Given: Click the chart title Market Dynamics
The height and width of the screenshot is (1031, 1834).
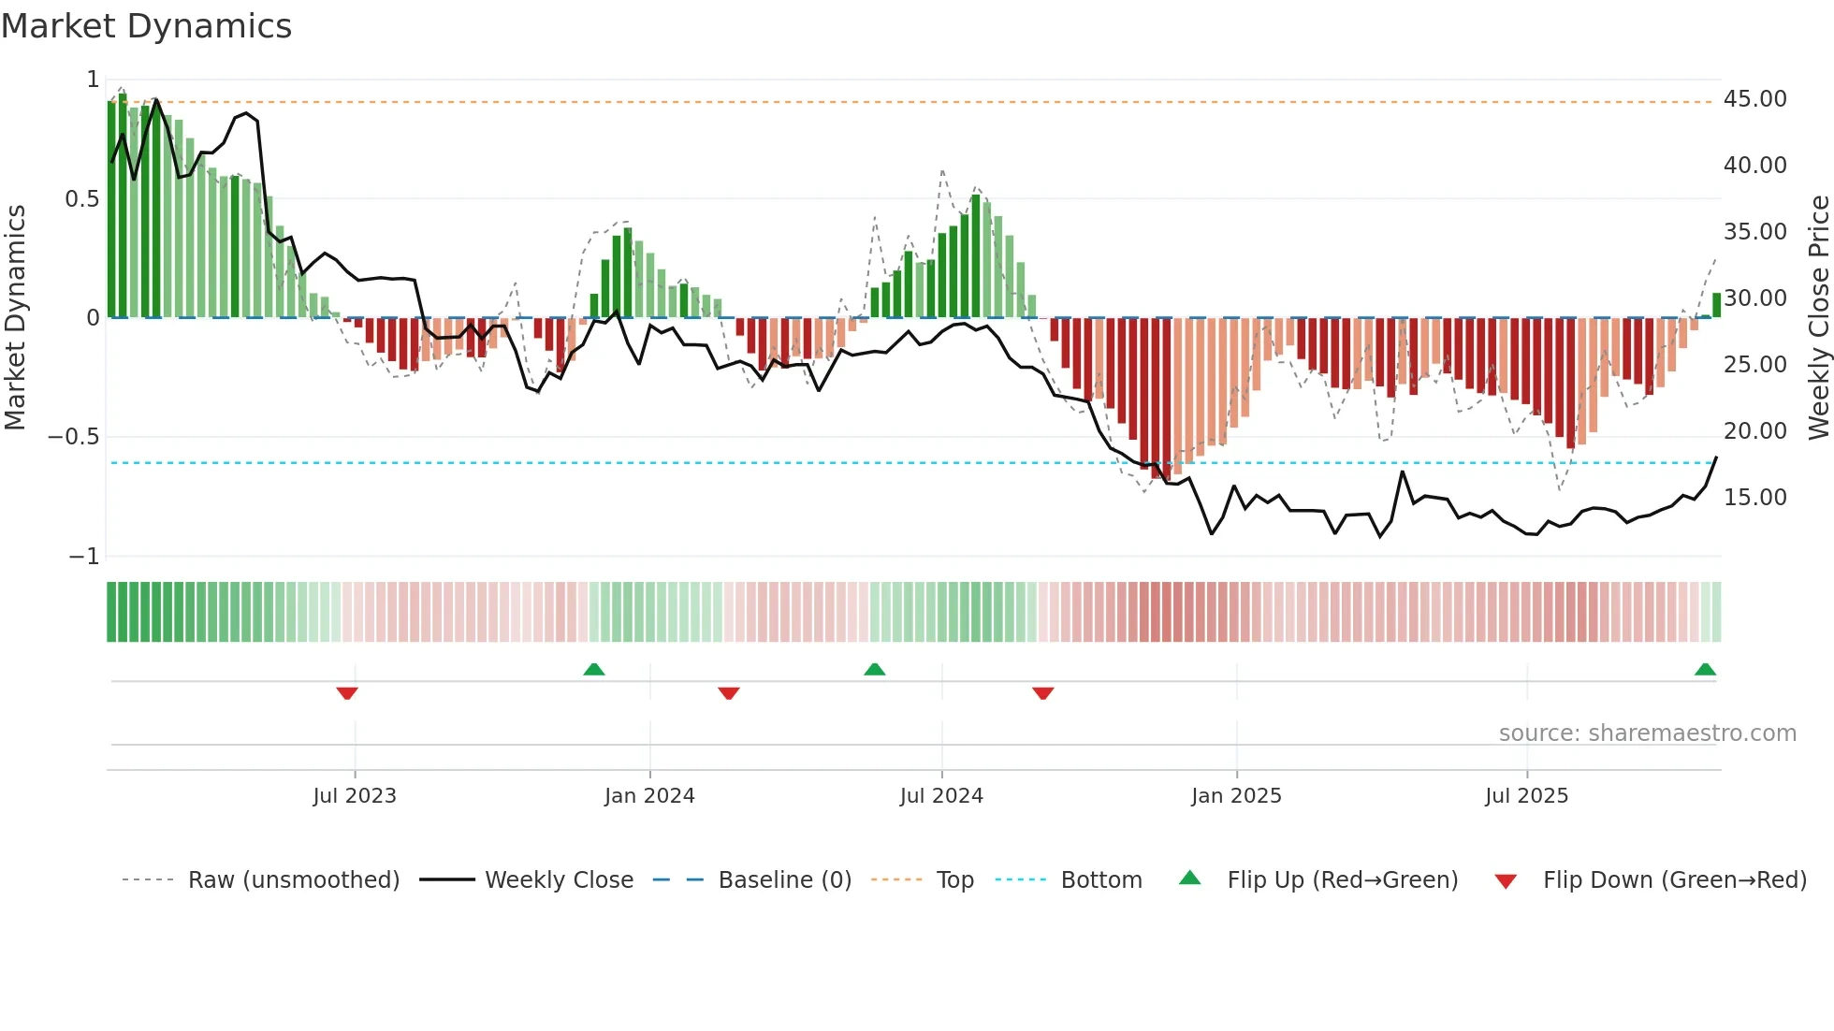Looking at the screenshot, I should coord(146,26).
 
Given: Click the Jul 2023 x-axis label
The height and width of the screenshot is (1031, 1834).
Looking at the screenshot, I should coord(355,796).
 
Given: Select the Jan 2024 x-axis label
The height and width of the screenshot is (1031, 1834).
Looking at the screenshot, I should coord(649,796).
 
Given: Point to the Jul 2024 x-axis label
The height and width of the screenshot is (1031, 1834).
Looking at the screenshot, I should coord(941,796).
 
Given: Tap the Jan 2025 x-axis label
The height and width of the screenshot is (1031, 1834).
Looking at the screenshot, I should coord(1236,796).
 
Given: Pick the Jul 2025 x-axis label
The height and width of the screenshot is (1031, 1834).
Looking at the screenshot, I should coord(1526,796).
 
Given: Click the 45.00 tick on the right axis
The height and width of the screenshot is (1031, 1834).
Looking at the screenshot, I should coord(1754,99).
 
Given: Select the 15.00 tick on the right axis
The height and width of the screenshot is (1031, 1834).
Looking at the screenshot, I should coord(1754,498).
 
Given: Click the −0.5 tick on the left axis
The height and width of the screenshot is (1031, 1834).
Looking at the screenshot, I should coord(73,437).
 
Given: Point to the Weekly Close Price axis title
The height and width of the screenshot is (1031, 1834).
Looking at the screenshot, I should coord(1818,318).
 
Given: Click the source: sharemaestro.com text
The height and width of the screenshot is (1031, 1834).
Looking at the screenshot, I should coord(1647,733).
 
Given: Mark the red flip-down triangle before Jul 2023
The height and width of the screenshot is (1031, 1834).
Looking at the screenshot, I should coord(347,693).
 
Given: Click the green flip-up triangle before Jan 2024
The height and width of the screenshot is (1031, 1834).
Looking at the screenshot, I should coord(594,669).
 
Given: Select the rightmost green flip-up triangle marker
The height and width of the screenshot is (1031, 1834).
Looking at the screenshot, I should coord(1705,669).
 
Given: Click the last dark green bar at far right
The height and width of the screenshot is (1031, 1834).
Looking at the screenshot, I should coord(1716,305).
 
